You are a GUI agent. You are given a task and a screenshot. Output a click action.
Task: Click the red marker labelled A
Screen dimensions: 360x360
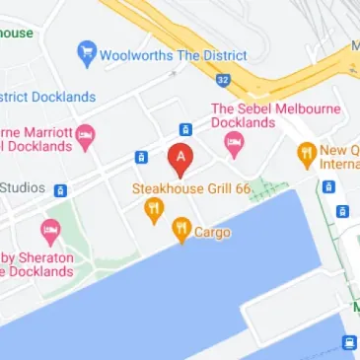[180, 157]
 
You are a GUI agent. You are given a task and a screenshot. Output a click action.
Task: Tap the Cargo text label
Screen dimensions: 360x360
[213, 233]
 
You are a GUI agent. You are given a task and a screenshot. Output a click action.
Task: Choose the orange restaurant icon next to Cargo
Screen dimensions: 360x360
[181, 230]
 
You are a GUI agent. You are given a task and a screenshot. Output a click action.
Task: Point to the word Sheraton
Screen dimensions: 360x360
[38, 253]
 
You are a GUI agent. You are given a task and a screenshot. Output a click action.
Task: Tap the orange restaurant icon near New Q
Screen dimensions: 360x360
[307, 153]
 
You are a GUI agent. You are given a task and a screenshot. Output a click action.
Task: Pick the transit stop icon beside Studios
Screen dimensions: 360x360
[60, 190]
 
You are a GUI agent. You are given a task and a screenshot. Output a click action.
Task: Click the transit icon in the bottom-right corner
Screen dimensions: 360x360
[348, 342]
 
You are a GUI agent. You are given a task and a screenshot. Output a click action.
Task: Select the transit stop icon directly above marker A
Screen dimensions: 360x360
[185, 129]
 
